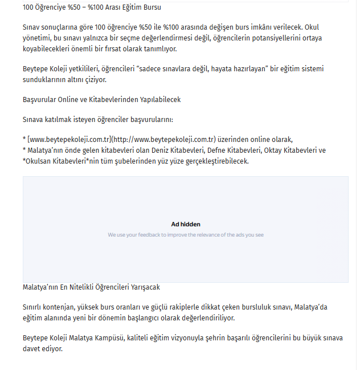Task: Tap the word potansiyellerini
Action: (268, 38)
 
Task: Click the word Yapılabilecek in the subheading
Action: (160, 99)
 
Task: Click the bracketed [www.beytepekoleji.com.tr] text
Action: (69, 140)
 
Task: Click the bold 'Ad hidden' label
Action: (186, 224)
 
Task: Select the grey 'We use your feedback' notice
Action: (186, 234)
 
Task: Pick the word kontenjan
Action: (60, 307)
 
